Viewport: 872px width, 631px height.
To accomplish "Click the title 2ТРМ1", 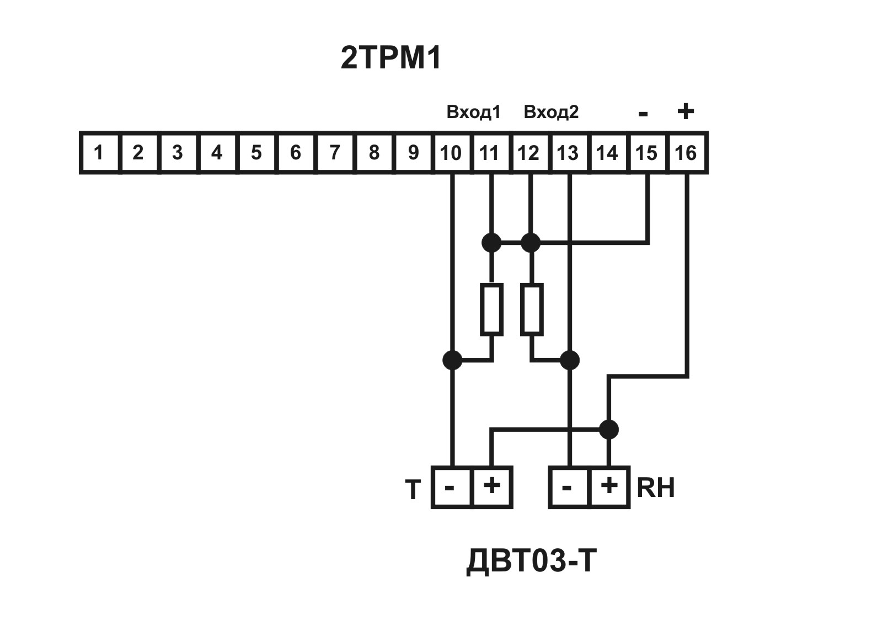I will pyautogui.click(x=391, y=58).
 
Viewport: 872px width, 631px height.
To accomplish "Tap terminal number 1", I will pyautogui.click(x=99, y=152).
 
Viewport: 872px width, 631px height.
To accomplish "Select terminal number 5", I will pyautogui.click(x=256, y=152).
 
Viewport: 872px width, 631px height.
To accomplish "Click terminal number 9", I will pyautogui.click(x=413, y=152).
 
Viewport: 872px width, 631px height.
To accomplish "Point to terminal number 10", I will pyautogui.click(x=452, y=152).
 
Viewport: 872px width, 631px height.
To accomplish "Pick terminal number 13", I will pyautogui.click(x=568, y=152).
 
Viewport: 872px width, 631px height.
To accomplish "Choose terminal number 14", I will pyautogui.click(x=607, y=152).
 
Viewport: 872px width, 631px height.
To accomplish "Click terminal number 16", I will pyautogui.click(x=686, y=152).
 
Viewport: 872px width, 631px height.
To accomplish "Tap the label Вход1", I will pyautogui.click(x=473, y=113).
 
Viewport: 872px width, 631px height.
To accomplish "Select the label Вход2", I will pyautogui.click(x=551, y=113).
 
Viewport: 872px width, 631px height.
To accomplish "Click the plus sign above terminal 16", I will pyautogui.click(x=685, y=111).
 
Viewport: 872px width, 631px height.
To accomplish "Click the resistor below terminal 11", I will pyautogui.click(x=492, y=309).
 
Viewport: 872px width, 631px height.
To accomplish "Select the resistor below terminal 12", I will pyautogui.click(x=532, y=309).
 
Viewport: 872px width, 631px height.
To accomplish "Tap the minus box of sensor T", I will pyautogui.click(x=452, y=487).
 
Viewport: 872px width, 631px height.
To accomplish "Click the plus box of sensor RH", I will pyautogui.click(x=609, y=487).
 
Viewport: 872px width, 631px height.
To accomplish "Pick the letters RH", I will pyautogui.click(x=656, y=488).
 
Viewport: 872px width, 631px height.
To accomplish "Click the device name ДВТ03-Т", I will pyautogui.click(x=531, y=562).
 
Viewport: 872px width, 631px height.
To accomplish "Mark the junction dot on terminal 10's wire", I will pyautogui.click(x=452, y=360).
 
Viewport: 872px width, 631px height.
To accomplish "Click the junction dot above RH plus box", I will pyautogui.click(x=609, y=429).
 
